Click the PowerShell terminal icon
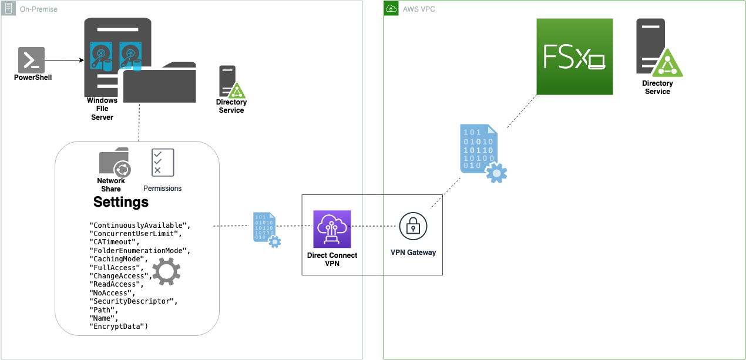click(31, 60)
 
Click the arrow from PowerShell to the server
click(65, 60)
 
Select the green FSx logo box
click(574, 56)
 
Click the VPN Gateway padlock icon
click(413, 226)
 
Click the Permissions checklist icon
click(162, 162)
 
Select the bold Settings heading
click(121, 203)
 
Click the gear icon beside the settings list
click(166, 271)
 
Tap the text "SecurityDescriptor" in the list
click(133, 301)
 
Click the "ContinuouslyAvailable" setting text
click(140, 226)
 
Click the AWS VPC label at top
click(419, 9)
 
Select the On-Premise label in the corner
click(39, 9)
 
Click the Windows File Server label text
click(102, 109)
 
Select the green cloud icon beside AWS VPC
click(391, 9)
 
